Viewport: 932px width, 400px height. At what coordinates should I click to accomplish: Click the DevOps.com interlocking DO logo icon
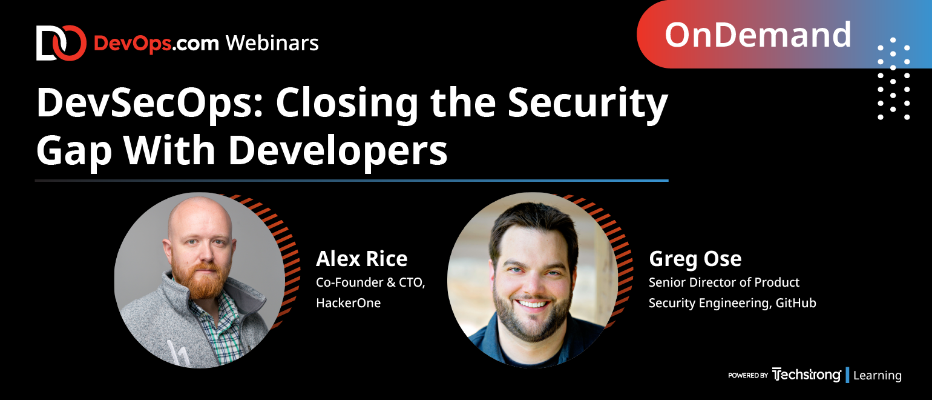[61, 43]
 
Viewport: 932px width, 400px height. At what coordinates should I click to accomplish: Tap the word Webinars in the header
[272, 43]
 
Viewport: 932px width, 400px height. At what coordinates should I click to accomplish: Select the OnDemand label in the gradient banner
[758, 35]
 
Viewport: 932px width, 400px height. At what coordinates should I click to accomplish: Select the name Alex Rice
[361, 259]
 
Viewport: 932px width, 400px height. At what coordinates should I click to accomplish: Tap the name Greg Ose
[695, 259]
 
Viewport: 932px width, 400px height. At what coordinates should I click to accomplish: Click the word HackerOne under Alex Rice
[348, 303]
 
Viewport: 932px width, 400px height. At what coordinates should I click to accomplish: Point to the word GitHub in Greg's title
[795, 303]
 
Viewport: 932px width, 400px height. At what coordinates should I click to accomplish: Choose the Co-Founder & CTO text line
[370, 282]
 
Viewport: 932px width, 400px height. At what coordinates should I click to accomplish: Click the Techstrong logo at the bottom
[806, 375]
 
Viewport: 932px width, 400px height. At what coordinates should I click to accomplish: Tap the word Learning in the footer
[878, 375]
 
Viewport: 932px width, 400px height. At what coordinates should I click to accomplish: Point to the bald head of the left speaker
[200, 217]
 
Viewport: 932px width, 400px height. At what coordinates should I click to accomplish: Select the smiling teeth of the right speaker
[532, 304]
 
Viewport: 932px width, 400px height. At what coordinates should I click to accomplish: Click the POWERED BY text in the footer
[748, 375]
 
